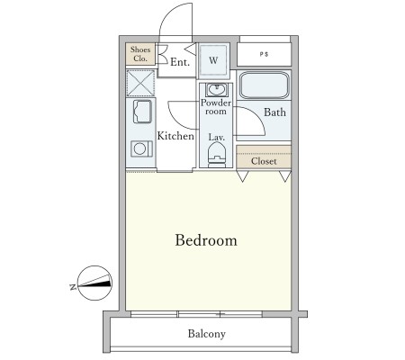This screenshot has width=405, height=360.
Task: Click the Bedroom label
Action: click(x=206, y=240)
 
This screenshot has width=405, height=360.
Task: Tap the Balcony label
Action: click(x=207, y=334)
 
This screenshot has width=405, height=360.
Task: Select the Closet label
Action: click(x=264, y=161)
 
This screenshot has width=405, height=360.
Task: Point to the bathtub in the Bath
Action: click(x=265, y=85)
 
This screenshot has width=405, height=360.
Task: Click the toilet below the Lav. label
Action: click(x=217, y=154)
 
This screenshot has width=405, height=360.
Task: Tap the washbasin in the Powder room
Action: click(x=216, y=90)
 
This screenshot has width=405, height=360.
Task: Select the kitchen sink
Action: click(x=142, y=112)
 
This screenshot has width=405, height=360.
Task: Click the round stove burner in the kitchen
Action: click(x=140, y=148)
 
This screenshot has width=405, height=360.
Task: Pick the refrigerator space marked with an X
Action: click(x=140, y=83)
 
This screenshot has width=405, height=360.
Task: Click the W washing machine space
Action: click(x=213, y=60)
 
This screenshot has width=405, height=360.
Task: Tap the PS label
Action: click(x=264, y=54)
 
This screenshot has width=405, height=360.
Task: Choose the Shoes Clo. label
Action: click(x=140, y=54)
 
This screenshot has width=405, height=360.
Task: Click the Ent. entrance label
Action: click(x=180, y=62)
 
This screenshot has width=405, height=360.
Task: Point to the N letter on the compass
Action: click(x=72, y=287)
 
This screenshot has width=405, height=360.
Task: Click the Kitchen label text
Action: click(x=175, y=136)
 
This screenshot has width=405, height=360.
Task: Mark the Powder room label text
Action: click(x=216, y=107)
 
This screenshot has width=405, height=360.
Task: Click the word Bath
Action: click(x=274, y=112)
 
